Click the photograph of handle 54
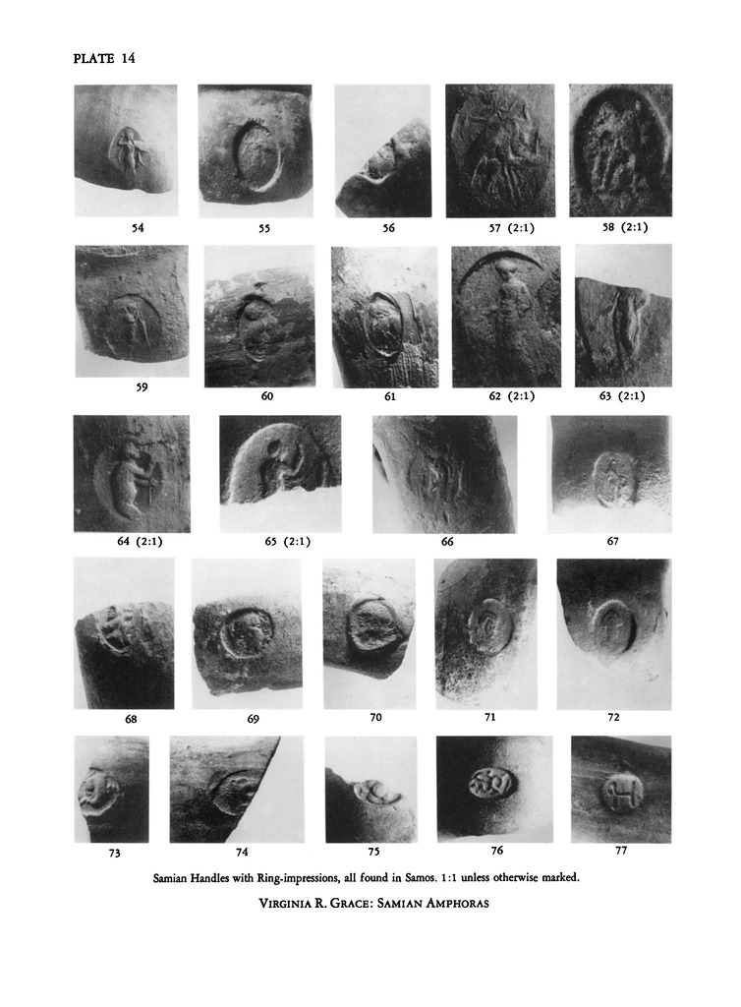click(x=126, y=150)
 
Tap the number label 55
click(x=264, y=228)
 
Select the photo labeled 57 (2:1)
click(x=500, y=150)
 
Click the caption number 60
click(x=267, y=396)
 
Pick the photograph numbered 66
click(x=445, y=474)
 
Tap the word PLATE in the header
click(x=94, y=58)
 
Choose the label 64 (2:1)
click(x=140, y=542)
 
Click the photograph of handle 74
click(x=236, y=790)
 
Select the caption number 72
click(x=613, y=717)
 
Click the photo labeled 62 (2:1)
click(x=506, y=317)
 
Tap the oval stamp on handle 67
click(x=614, y=479)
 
